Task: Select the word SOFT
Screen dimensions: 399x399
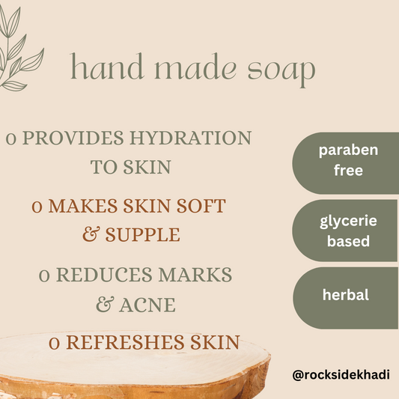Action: (198, 206)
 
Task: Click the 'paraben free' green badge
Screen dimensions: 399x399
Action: (345, 160)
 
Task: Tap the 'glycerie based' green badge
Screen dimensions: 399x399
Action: (345, 231)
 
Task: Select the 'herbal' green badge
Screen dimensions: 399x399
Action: (345, 295)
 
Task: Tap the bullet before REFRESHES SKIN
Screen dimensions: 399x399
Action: (55, 344)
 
